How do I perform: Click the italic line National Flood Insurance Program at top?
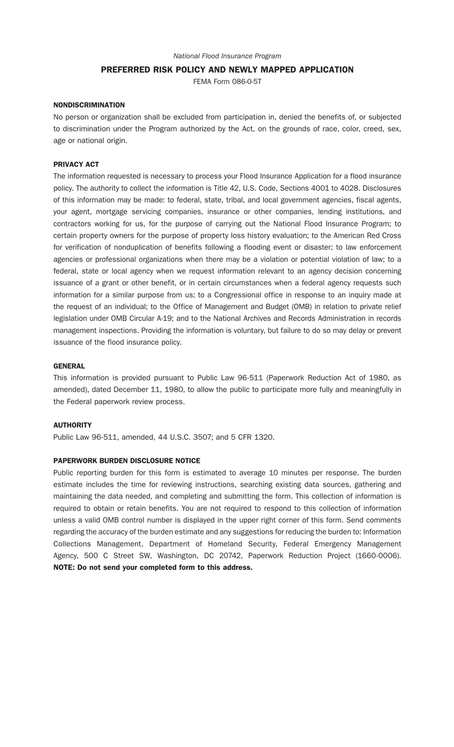(227, 56)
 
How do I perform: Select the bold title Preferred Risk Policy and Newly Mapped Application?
(227, 70)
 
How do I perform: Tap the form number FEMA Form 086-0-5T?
(227, 82)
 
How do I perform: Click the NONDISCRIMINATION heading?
(89, 105)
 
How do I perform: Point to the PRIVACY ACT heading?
(76, 164)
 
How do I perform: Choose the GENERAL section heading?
(69, 366)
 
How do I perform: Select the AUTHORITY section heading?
(72, 425)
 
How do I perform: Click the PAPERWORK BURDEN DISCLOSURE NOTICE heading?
(127, 461)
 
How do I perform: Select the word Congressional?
(243, 295)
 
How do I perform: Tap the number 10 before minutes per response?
(273, 473)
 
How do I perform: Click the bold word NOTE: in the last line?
(64, 567)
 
